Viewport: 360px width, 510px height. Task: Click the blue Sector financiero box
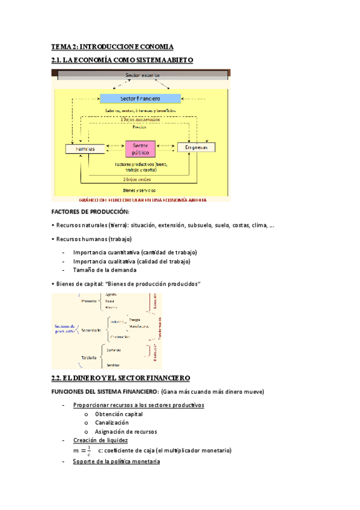139,98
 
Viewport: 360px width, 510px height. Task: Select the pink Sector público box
139,149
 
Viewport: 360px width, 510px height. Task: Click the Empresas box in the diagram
196,147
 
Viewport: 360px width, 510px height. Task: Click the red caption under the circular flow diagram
142,199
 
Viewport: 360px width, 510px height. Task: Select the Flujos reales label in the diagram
137,179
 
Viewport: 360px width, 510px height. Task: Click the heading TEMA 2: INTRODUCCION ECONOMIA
112,46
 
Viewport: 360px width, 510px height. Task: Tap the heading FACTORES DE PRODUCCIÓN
90,212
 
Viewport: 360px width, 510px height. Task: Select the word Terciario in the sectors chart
88,358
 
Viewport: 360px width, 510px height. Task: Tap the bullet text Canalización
111,423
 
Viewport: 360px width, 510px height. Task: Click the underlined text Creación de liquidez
100,440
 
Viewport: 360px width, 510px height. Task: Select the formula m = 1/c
82,450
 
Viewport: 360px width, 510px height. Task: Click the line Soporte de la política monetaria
116,461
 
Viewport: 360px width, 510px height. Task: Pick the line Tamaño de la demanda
100,270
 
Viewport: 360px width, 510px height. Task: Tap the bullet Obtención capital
118,414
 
